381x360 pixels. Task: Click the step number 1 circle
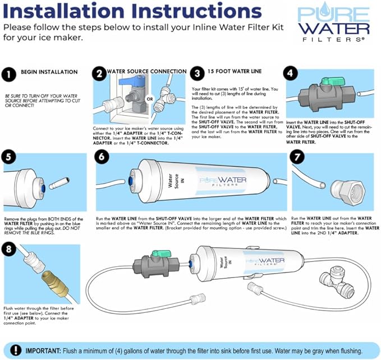point(10,74)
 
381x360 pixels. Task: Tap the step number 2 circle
point(99,74)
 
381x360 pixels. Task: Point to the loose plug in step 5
point(59,184)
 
